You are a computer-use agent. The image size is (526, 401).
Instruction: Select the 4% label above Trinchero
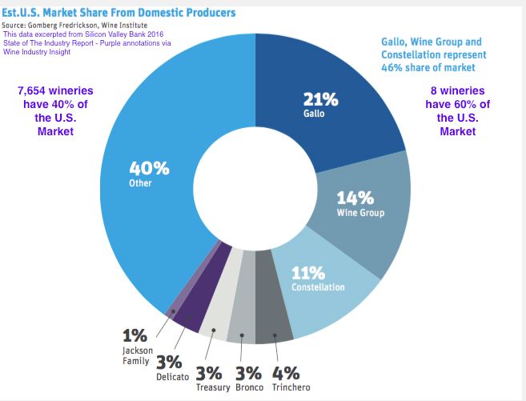pyautogui.click(x=286, y=374)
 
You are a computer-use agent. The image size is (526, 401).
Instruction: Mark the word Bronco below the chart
pyautogui.click(x=249, y=388)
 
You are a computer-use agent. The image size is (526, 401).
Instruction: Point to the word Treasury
pyautogui.click(x=212, y=388)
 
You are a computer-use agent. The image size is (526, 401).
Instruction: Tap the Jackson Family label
pyautogui.click(x=134, y=355)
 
